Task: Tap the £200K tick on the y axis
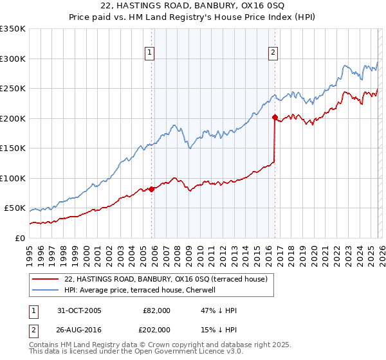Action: [13, 118]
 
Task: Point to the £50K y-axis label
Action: [15, 208]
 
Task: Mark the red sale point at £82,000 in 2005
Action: [152, 189]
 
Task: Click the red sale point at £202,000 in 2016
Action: [275, 117]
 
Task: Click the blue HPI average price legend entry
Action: [143, 290]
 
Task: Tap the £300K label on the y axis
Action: [13, 59]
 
